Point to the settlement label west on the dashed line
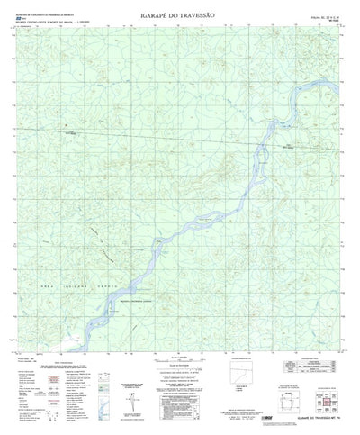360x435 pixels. click(x=68, y=135)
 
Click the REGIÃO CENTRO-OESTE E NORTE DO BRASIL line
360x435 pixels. click(x=40, y=23)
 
